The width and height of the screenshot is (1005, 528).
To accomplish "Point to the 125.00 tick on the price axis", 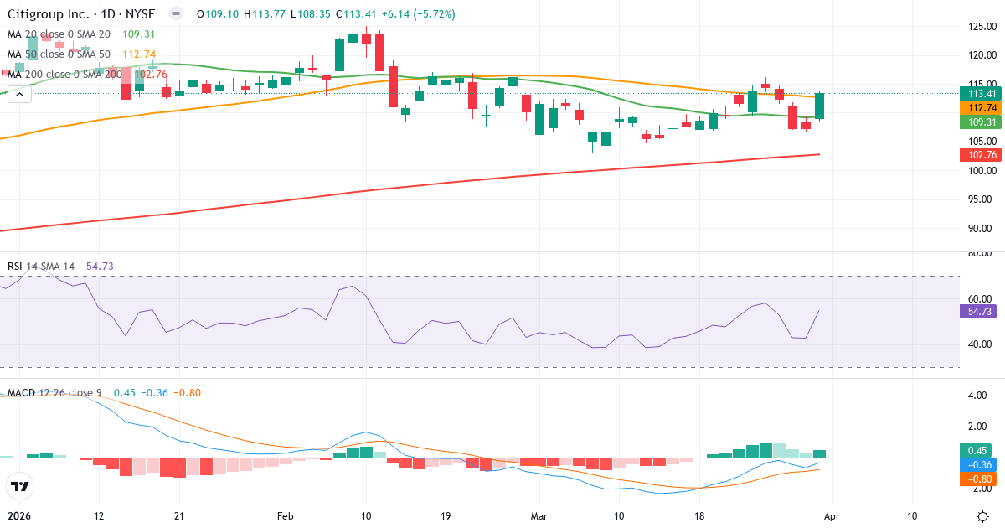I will (981, 26).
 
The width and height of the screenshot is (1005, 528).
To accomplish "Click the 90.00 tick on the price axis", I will (981, 228).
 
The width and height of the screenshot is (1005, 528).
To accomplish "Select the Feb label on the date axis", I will (286, 516).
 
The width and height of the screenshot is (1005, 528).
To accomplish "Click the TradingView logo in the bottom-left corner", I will (19, 486).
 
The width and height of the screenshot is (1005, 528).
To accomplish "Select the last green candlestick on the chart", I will (820, 106).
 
